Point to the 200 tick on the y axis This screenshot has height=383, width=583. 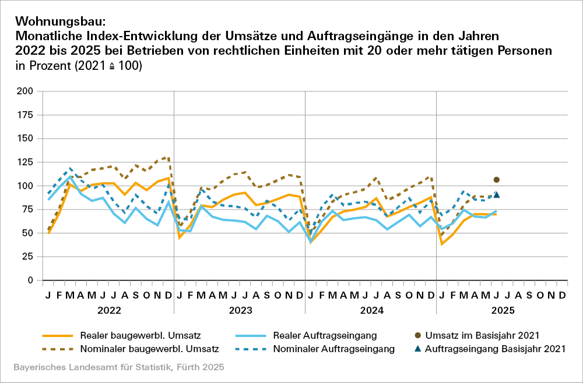[24, 91]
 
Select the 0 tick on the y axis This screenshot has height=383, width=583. [30, 281]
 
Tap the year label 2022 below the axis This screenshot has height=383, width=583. [108, 310]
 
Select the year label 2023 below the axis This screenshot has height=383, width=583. [240, 310]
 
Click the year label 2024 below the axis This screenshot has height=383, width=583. [371, 310]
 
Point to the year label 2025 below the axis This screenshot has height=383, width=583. [502, 310]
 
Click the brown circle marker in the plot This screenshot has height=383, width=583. [497, 180]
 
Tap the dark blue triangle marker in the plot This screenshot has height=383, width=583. [497, 194]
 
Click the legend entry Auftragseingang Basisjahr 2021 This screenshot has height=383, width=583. [496, 349]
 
